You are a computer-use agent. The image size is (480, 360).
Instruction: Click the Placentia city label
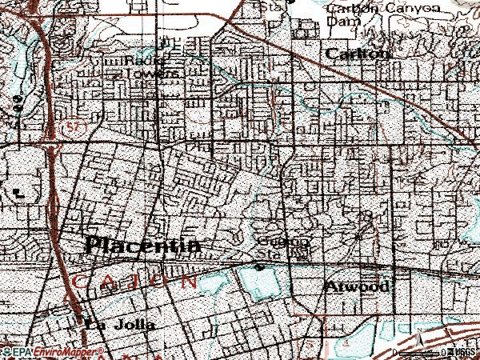[x=142, y=245]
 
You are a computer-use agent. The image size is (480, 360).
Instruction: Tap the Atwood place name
[x=359, y=286]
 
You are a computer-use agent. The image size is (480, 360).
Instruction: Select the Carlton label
[x=358, y=54]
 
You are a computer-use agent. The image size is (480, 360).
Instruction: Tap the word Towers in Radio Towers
[x=161, y=71]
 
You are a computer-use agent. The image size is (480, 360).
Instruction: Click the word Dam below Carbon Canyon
[x=340, y=23]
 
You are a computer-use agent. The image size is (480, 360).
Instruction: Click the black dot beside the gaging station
[x=259, y=266]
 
